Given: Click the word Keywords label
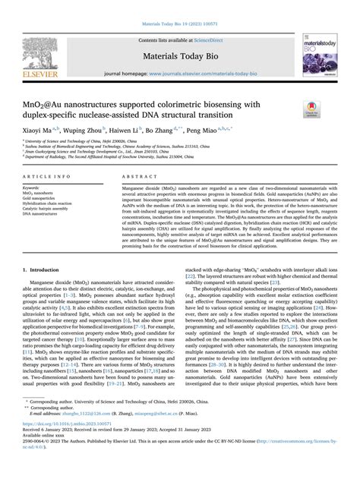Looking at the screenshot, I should click(36, 186).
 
